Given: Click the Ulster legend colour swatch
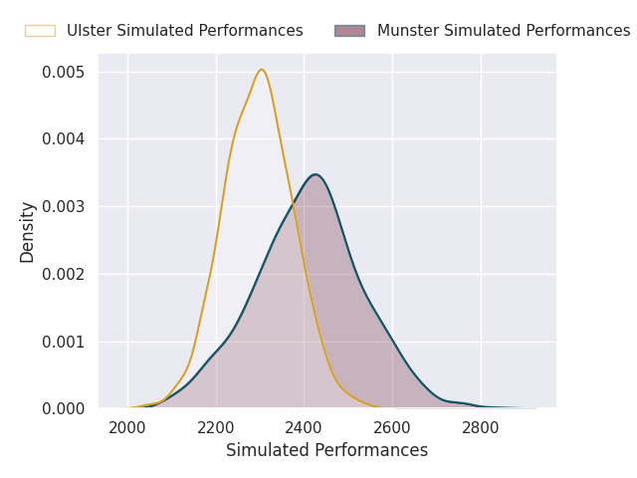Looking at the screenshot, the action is pos(40,31).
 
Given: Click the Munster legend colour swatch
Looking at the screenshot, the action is pos(349,31).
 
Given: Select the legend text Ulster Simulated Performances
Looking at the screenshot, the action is pos(185,31).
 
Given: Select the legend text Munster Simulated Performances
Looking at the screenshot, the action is pos(504,31).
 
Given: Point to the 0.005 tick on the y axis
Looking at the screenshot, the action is pos(64,73).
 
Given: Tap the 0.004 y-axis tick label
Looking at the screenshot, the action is pos(64,139).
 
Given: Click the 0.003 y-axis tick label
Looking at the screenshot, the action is pos(64,206).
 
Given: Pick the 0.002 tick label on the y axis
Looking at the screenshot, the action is pos(64,275).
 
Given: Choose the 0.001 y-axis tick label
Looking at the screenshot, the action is pos(64,342).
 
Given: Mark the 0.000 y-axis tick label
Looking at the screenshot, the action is pos(64,408).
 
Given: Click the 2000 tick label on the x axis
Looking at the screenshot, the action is pos(127,428).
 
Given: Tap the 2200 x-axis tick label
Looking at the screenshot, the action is pos(216,428).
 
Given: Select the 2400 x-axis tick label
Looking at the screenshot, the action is pos(304,428).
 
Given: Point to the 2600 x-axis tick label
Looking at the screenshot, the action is pos(392,428).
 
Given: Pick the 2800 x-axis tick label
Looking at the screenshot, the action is pos(481,428).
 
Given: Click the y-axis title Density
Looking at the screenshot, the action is pos(27,232).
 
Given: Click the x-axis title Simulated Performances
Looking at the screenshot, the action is pos(327,450).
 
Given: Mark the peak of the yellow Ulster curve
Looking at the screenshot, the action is pos(262,70).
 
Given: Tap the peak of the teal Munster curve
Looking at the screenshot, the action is pos(316,174).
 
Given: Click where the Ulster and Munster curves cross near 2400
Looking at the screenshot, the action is pos(294,203).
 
